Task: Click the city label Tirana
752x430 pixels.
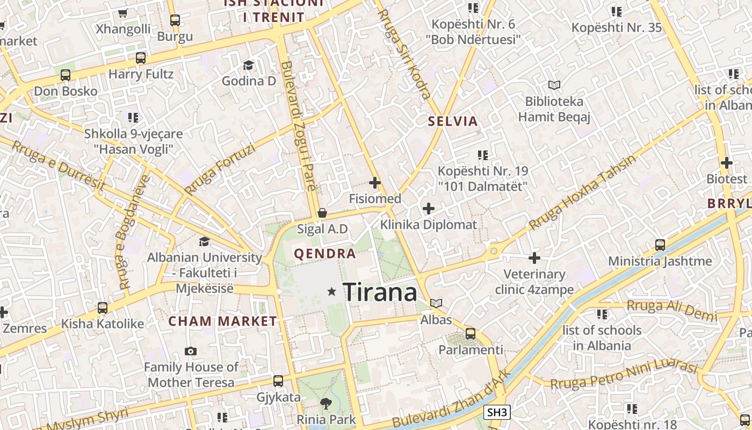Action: point(380,292)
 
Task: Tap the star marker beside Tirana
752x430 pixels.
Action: point(332,292)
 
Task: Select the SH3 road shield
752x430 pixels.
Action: point(497,413)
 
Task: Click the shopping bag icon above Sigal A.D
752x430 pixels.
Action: point(322,213)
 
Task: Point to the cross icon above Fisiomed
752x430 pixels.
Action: point(375,183)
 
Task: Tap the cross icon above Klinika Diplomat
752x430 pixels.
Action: point(429,208)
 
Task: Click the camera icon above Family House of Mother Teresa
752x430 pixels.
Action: point(191,352)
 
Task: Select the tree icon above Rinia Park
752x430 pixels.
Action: point(326,403)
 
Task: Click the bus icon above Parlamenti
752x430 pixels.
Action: point(471,333)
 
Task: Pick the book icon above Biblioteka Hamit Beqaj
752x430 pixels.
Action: point(554,85)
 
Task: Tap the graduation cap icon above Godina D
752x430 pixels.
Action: point(248,65)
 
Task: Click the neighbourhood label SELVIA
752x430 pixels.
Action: point(453,121)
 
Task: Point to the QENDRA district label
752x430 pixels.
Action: point(325,254)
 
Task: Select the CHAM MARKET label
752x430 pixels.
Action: point(223,321)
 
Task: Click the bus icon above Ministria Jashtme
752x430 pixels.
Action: point(660,245)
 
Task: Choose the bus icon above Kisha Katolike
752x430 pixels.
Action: point(102,308)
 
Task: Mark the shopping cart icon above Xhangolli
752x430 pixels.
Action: point(123,13)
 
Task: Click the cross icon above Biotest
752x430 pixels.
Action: point(727,163)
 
